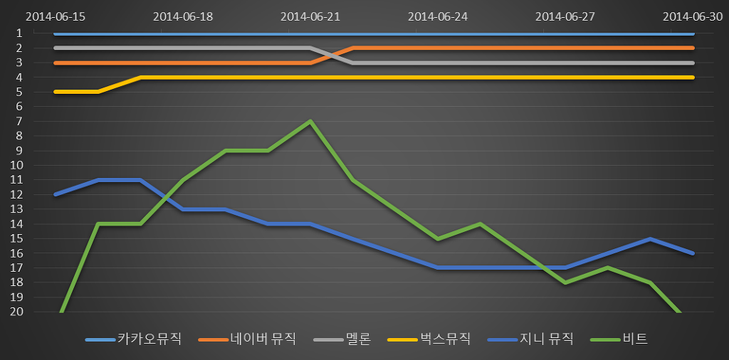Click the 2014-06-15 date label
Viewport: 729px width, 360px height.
point(56,16)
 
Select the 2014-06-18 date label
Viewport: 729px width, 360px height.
point(183,16)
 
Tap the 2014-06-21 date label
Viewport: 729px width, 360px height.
point(310,16)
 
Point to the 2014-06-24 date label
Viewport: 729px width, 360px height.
point(438,16)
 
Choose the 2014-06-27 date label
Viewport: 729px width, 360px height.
point(565,16)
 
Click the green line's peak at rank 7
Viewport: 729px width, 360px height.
point(310,121)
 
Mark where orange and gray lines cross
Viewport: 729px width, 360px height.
point(332,55)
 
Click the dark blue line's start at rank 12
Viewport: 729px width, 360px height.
point(56,194)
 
